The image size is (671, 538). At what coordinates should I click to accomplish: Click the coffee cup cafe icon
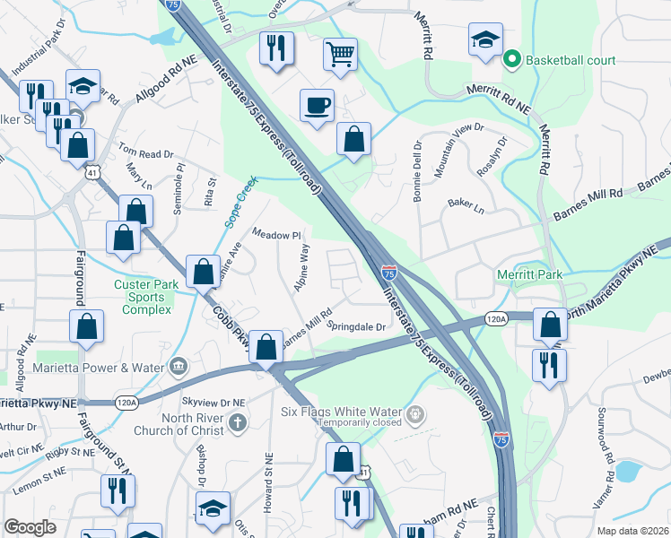pos(317,106)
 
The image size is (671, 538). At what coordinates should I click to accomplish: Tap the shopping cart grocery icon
pos(340,55)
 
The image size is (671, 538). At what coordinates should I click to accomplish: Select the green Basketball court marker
pos(513,61)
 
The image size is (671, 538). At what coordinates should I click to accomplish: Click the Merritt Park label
pos(528,273)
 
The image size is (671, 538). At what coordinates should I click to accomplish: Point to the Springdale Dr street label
pos(356,326)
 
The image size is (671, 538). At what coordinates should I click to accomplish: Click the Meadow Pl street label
pos(275,234)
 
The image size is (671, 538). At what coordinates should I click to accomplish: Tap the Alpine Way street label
pos(301,266)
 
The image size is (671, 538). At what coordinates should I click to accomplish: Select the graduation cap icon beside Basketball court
pos(484,39)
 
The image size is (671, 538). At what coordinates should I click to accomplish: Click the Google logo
pos(30,527)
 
